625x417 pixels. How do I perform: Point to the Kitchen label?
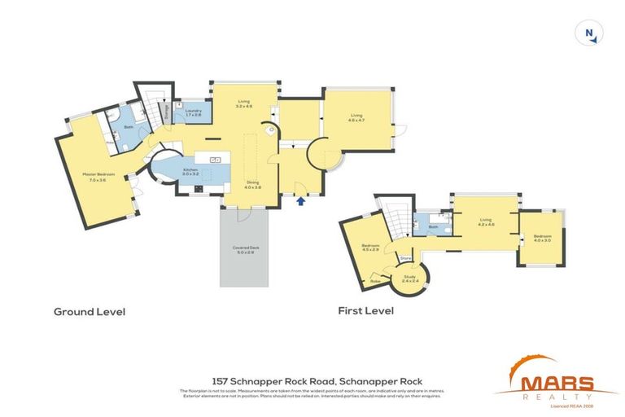tap(190, 172)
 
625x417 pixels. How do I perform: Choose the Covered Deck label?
tap(244, 249)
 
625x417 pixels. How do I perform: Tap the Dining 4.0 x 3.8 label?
tap(252, 186)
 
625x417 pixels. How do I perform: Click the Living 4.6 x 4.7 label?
tap(356, 117)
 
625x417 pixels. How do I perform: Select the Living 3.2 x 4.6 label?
tap(244, 104)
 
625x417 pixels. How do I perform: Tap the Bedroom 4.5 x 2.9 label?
tap(370, 248)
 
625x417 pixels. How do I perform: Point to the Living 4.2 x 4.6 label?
tap(486, 222)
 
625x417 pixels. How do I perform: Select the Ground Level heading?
tap(90, 311)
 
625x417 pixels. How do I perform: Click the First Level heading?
tap(365, 311)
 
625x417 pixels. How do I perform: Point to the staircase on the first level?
tap(396, 219)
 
